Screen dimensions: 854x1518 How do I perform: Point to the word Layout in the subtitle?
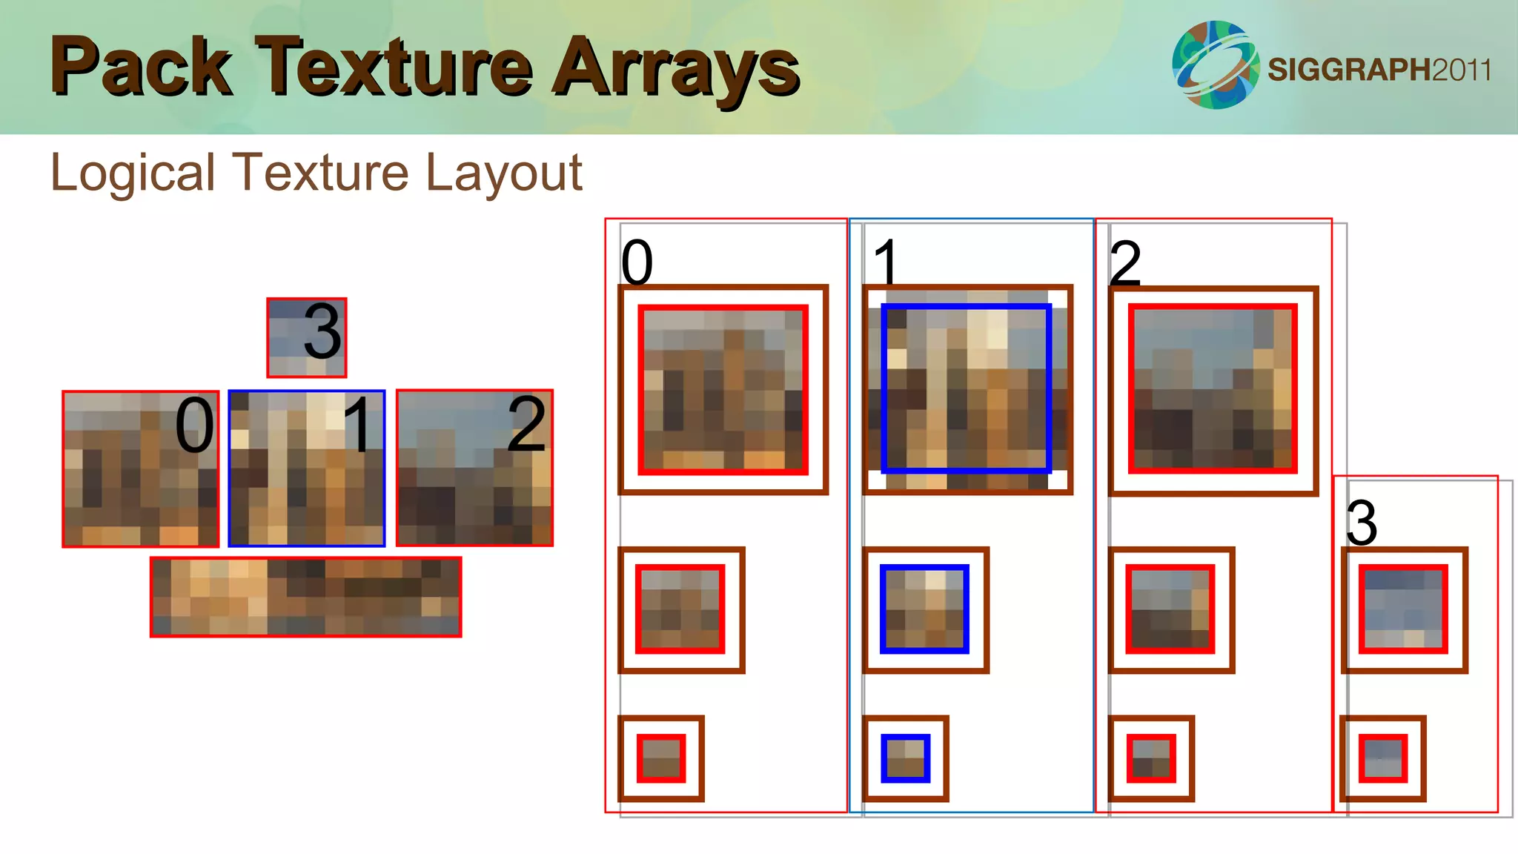504,173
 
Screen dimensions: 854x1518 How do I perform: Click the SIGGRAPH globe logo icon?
1216,65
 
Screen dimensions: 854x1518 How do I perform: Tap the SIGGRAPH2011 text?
1379,70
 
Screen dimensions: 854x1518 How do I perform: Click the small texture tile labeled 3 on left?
306,338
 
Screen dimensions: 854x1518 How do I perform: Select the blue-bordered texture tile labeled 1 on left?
306,469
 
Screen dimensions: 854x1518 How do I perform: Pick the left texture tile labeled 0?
140,469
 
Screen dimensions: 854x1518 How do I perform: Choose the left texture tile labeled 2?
474,469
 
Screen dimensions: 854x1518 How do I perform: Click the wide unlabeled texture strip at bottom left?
305,598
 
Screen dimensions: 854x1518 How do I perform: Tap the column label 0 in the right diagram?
637,262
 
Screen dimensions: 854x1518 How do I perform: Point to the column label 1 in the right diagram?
886,262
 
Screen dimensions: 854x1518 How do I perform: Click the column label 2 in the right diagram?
1125,262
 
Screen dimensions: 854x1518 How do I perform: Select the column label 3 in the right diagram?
1362,523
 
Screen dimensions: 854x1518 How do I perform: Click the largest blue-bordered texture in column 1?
967,388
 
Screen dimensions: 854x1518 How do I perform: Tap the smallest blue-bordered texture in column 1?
905,758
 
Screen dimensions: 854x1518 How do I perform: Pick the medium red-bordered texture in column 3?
1403,609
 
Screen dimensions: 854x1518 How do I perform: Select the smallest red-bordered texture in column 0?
661,758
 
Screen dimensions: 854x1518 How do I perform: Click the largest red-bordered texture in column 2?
1213,388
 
